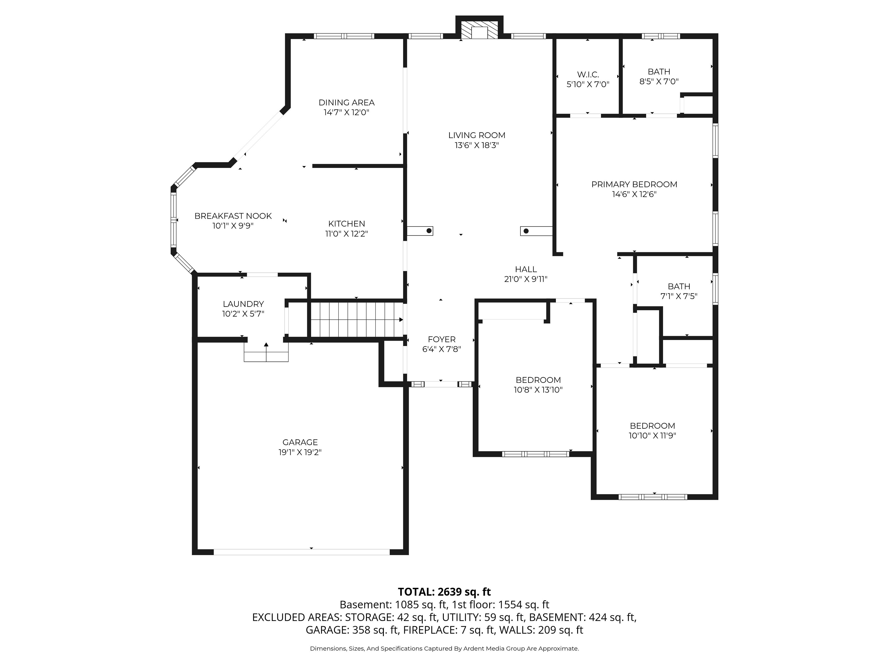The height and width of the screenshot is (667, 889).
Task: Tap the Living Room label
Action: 477,135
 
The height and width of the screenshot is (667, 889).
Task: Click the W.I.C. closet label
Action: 588,75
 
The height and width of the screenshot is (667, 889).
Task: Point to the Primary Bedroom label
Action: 634,185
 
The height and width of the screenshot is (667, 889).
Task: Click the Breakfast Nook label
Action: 233,216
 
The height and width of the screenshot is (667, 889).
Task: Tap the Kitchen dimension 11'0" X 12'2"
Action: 346,234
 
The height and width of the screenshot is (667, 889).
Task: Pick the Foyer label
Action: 442,339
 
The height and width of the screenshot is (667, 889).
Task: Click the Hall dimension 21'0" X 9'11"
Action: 526,279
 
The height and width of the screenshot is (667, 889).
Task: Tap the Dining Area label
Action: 346,103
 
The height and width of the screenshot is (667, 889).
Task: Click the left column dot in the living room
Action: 429,231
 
